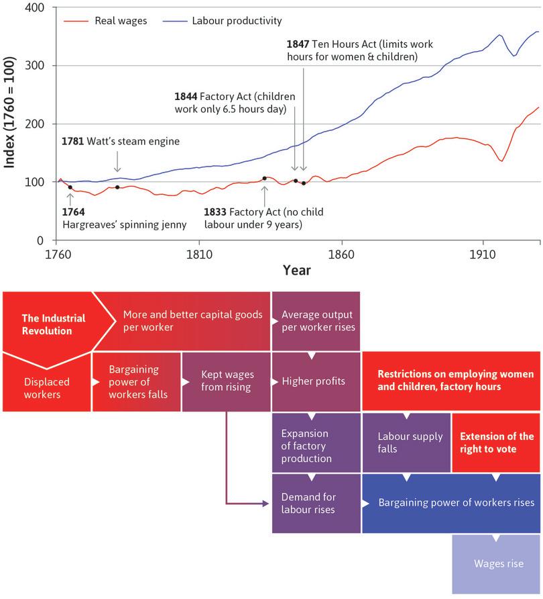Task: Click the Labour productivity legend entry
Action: tap(236, 21)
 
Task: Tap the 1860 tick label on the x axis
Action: tap(342, 255)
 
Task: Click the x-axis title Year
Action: tap(296, 270)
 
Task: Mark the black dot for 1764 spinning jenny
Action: tap(70, 187)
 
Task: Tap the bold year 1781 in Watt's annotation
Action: tap(73, 142)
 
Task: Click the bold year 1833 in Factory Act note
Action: tap(216, 212)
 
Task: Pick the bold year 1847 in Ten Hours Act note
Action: tap(297, 44)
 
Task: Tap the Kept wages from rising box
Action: tap(226, 381)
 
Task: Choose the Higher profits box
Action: tap(315, 381)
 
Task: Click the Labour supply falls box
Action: tap(406, 442)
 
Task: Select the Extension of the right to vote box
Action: tap(496, 442)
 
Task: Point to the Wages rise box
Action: tap(496, 563)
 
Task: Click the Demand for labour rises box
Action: tap(315, 503)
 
